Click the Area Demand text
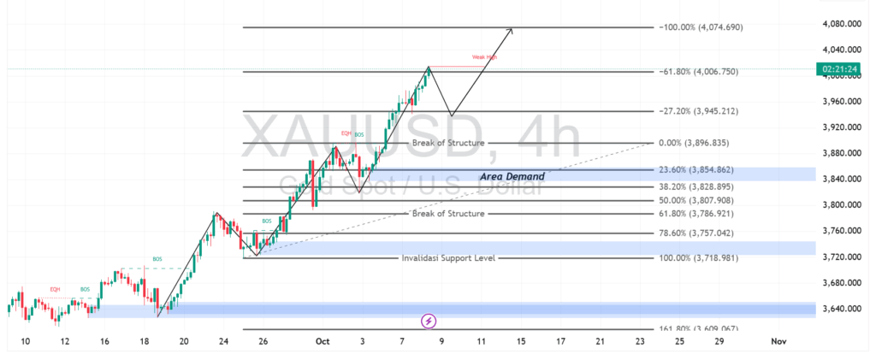[512, 176]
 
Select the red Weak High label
[483, 58]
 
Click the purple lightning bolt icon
[429, 322]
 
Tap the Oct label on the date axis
[323, 341]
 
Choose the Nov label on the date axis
[778, 341]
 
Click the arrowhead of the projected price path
[511, 31]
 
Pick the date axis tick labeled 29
[719, 341]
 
